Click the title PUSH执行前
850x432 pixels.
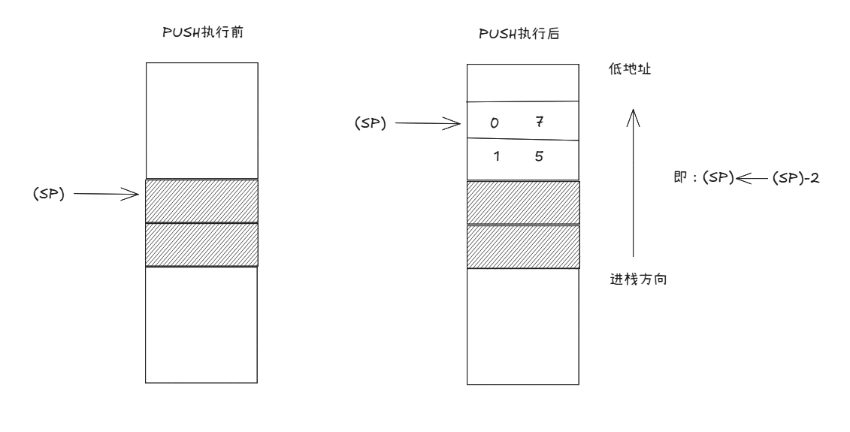coord(201,33)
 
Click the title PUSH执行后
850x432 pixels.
coord(523,34)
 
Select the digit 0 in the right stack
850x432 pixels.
coord(494,123)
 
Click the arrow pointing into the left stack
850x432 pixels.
coord(107,195)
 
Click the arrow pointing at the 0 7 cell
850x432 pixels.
coord(427,123)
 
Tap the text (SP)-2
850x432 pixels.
coord(789,179)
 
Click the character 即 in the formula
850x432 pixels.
coord(681,179)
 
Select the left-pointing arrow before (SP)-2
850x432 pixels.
coord(752,179)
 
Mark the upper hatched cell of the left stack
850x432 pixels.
coord(201,201)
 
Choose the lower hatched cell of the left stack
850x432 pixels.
coord(201,245)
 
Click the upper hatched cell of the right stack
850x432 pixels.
coord(523,202)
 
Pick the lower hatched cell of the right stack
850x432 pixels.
coord(523,246)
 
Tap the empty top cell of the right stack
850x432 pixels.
coord(523,83)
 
